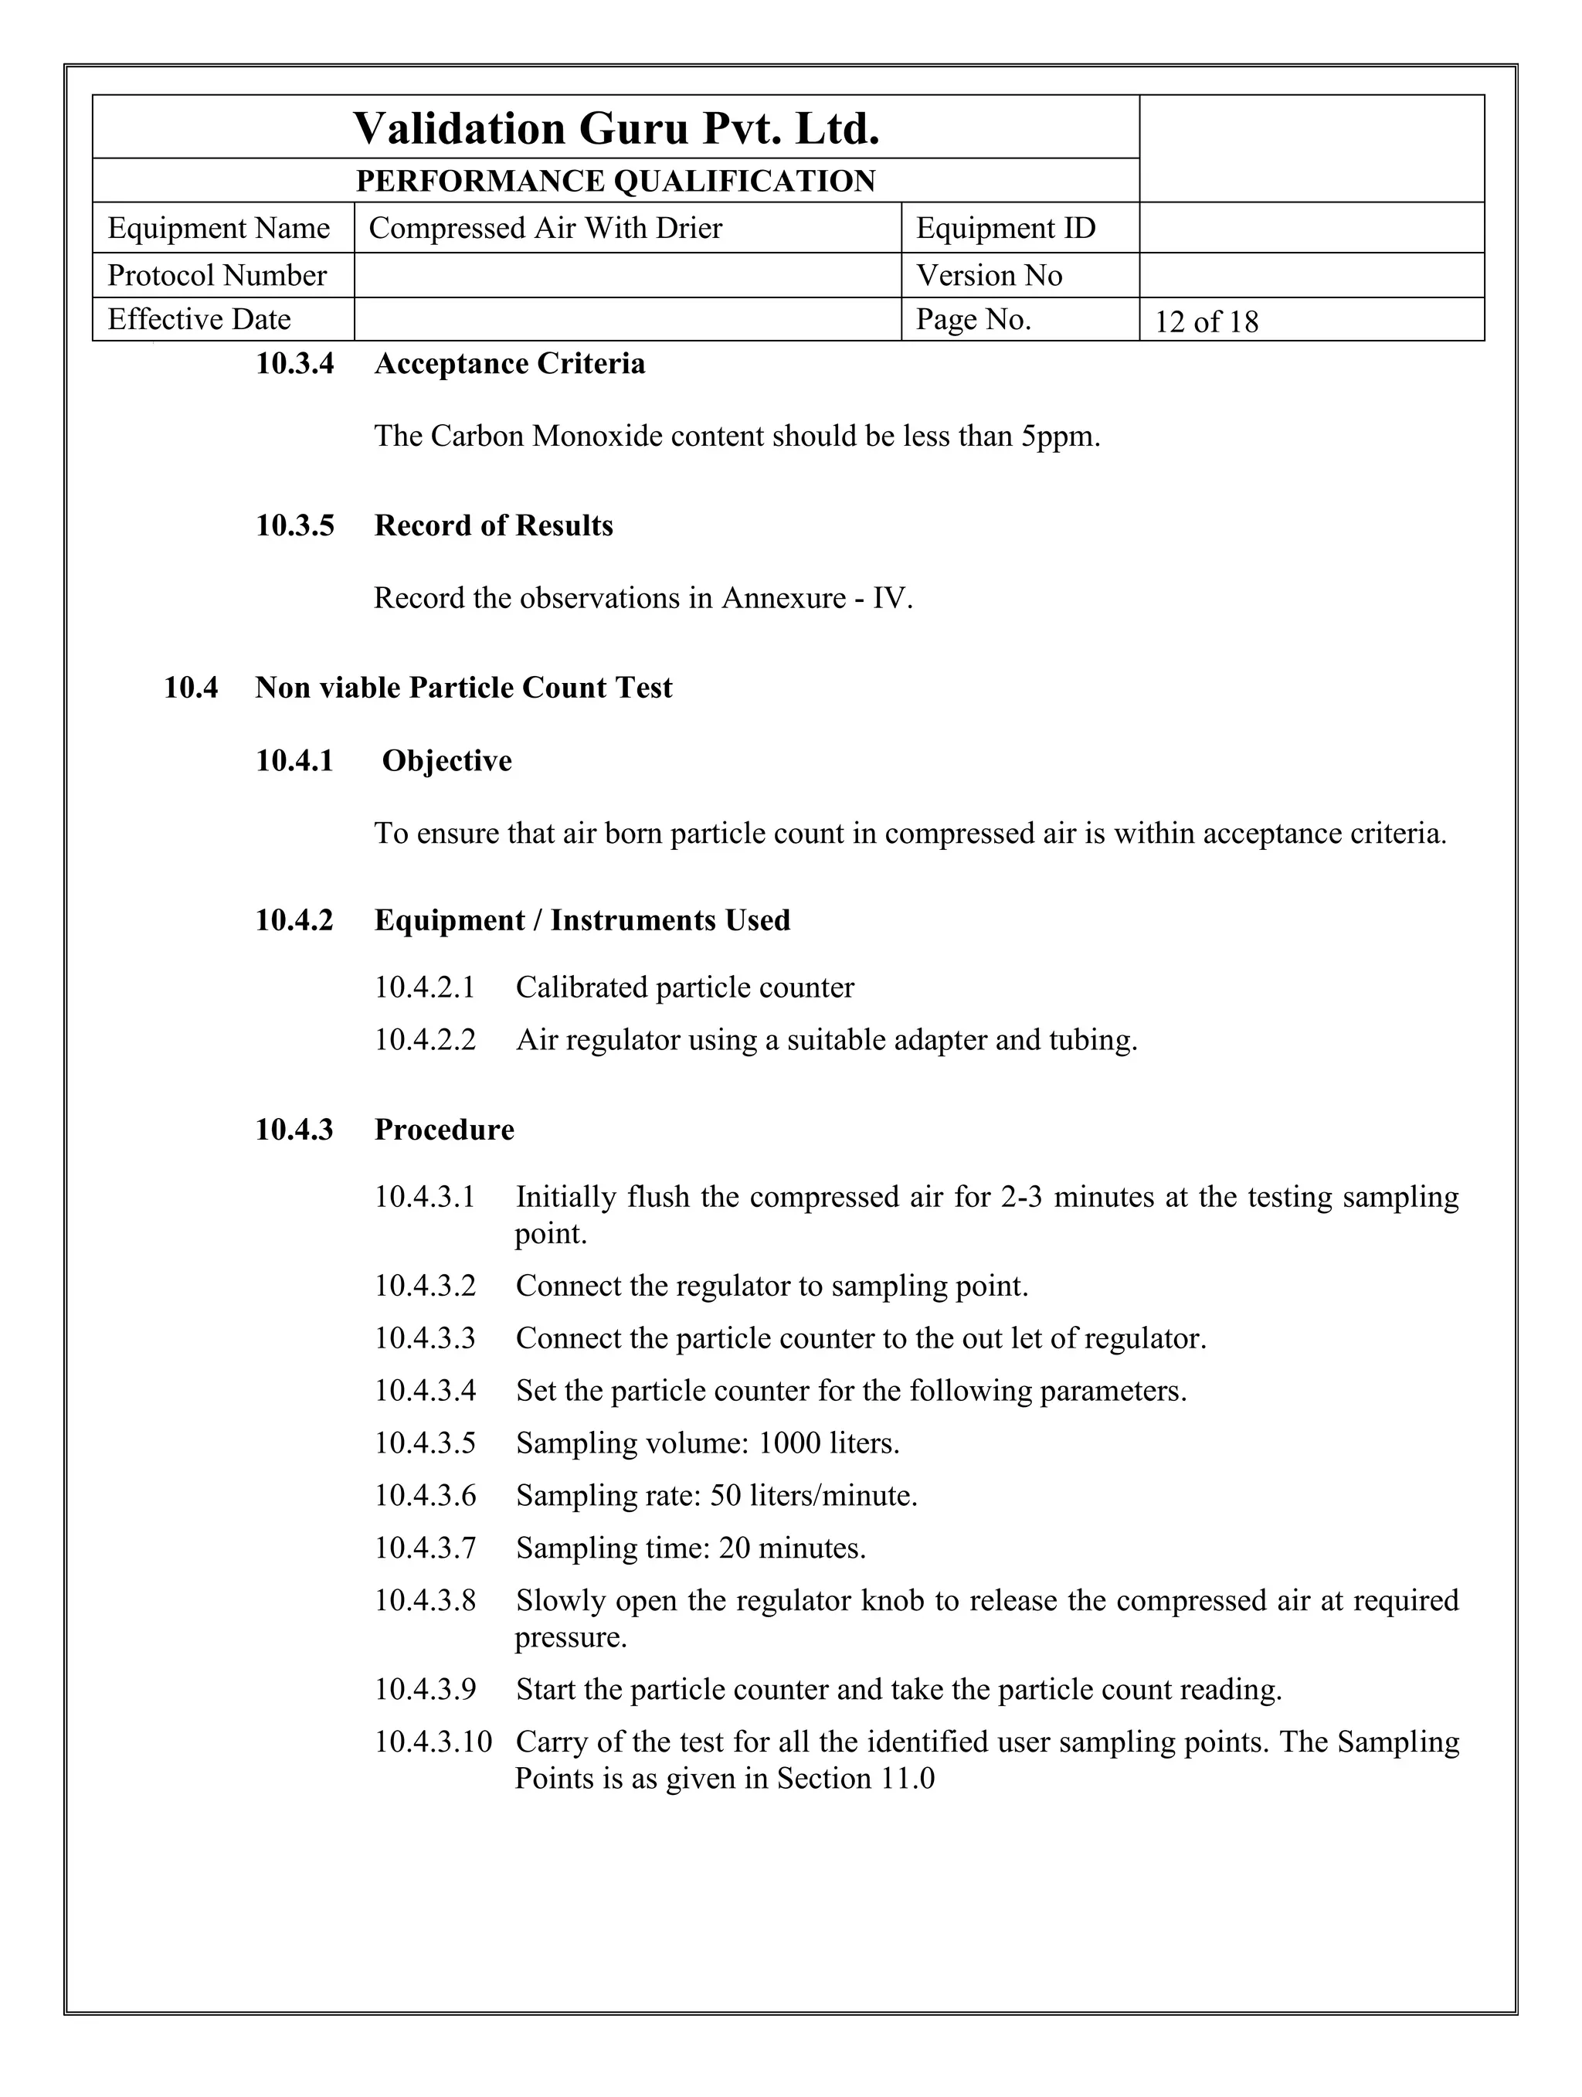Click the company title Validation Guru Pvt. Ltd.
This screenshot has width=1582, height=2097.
(616, 128)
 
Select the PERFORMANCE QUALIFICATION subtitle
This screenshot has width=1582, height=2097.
(616, 180)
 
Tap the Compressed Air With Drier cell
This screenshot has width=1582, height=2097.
(545, 229)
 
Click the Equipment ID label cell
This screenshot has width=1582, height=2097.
(1006, 229)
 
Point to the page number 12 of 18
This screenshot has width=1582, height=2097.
(1206, 322)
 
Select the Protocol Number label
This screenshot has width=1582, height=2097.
(217, 275)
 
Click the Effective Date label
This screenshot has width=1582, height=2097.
(199, 319)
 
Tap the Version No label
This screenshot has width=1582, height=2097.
(989, 275)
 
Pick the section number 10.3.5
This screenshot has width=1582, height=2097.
(295, 525)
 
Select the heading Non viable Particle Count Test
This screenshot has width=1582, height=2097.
(463, 688)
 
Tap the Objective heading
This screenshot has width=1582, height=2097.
(446, 760)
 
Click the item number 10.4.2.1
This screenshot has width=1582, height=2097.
(425, 987)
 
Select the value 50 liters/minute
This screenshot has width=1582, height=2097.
(813, 1496)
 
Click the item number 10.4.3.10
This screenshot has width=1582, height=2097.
(433, 1742)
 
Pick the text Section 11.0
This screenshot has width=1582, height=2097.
(855, 1779)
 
